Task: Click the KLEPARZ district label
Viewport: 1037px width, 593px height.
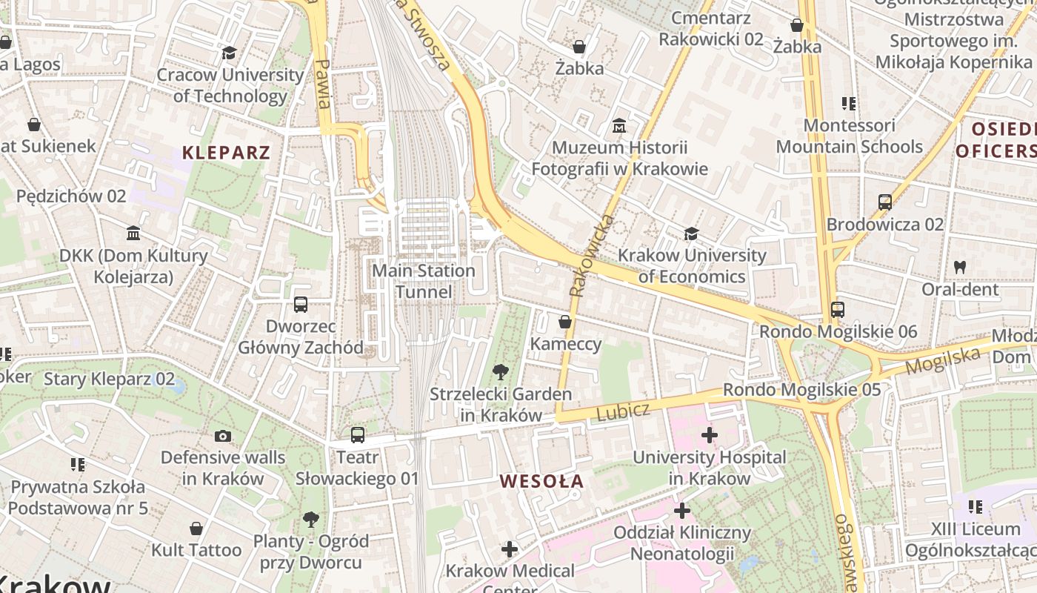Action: point(226,153)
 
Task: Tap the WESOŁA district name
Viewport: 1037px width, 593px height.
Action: point(541,481)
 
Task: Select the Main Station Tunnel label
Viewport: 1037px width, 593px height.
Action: point(423,281)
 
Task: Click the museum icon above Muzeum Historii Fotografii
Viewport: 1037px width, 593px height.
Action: point(619,126)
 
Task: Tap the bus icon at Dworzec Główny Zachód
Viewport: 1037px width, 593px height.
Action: point(301,304)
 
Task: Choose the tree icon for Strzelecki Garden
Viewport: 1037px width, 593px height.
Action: point(501,371)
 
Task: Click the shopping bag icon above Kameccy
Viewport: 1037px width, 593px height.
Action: point(565,322)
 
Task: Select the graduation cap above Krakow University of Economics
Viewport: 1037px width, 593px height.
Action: point(691,233)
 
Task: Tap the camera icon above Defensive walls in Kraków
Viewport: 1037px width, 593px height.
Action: point(223,436)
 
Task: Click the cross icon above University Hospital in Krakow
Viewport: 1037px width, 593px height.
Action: point(709,434)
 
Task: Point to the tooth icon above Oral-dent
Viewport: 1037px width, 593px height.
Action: point(960,267)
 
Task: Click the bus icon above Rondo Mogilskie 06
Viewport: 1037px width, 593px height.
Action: point(838,309)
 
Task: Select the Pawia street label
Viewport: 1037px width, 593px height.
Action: point(323,84)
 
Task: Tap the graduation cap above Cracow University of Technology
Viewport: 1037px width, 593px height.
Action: point(229,53)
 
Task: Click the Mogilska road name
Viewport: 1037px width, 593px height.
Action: point(943,362)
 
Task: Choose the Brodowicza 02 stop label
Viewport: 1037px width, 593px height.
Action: point(885,224)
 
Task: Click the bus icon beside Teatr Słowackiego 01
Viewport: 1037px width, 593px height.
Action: point(358,434)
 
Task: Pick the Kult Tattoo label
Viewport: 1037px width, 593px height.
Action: point(196,550)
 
